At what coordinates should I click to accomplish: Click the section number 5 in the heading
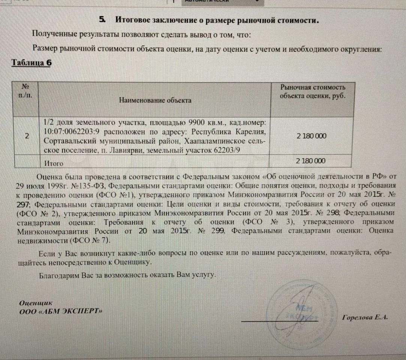102,19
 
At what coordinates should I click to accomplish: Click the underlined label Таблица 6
31,63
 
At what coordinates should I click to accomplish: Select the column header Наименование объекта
155,100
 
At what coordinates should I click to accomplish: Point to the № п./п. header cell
25,91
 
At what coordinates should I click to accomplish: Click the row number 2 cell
27,136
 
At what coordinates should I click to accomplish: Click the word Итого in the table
54,163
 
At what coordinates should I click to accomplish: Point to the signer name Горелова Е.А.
365,317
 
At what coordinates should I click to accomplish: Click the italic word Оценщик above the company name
36,303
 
